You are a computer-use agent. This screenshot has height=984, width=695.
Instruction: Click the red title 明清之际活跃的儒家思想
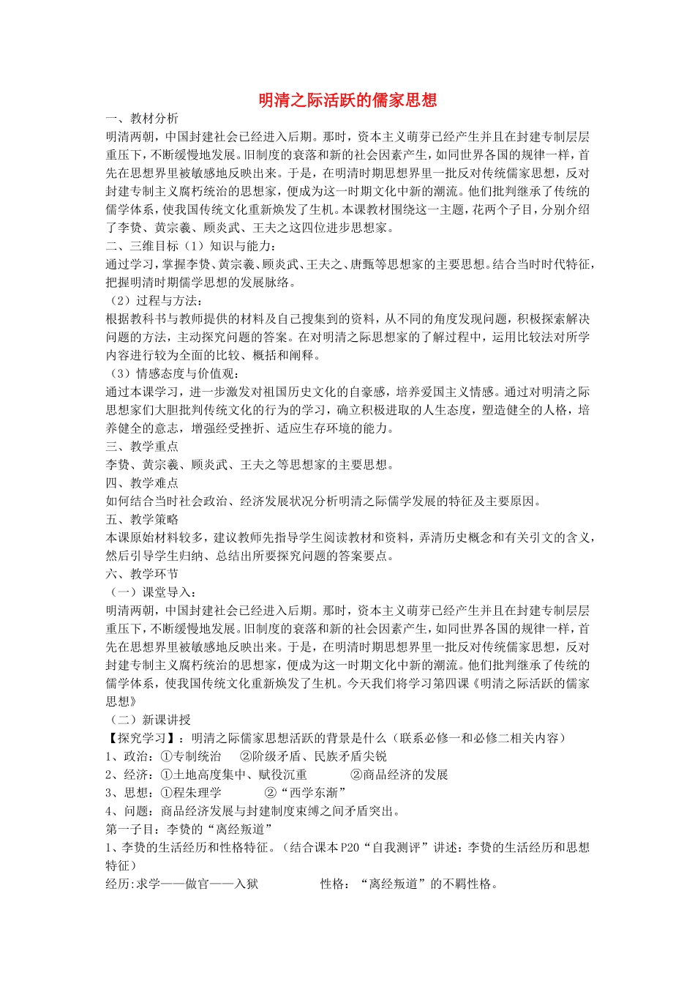click(x=347, y=100)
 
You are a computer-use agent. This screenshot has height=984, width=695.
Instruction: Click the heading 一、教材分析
click(x=142, y=119)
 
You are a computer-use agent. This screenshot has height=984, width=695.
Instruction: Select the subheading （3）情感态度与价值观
click(x=173, y=373)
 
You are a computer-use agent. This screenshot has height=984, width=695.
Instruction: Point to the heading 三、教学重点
click(x=142, y=447)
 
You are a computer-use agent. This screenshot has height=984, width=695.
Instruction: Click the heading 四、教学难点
click(x=142, y=483)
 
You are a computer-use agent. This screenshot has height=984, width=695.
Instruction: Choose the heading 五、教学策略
click(x=142, y=520)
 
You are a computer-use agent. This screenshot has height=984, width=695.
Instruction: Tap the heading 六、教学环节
click(x=142, y=574)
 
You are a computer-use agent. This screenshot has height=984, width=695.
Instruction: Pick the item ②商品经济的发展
click(x=399, y=775)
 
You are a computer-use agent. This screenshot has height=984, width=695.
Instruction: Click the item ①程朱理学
click(x=190, y=793)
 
